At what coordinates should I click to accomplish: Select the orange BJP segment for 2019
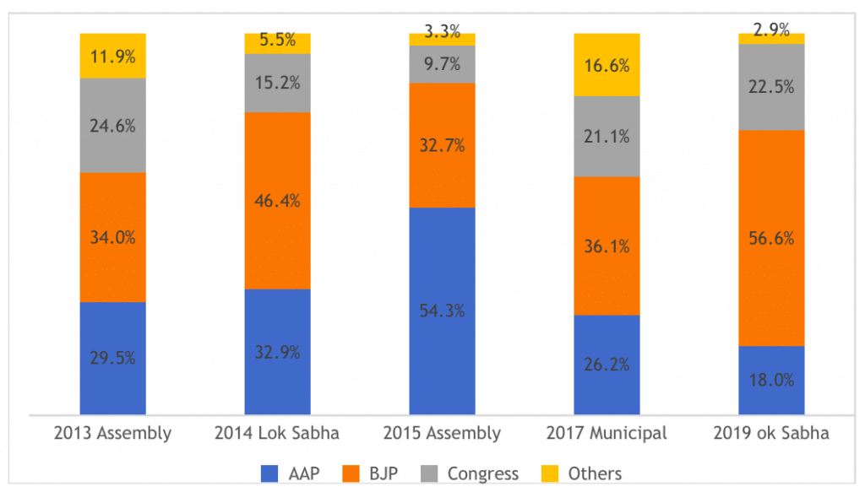(x=771, y=194)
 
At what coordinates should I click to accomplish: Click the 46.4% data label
(x=277, y=201)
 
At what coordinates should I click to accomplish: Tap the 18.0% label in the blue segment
(x=771, y=380)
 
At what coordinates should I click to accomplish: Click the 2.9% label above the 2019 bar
(x=771, y=31)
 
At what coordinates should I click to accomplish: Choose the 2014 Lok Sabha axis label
(x=277, y=434)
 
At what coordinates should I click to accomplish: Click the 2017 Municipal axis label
(x=607, y=434)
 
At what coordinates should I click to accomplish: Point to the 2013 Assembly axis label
(x=113, y=434)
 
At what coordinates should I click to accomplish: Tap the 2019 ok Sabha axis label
(x=771, y=434)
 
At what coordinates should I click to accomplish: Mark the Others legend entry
(x=583, y=473)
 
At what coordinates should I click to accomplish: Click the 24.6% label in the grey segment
(x=113, y=126)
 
